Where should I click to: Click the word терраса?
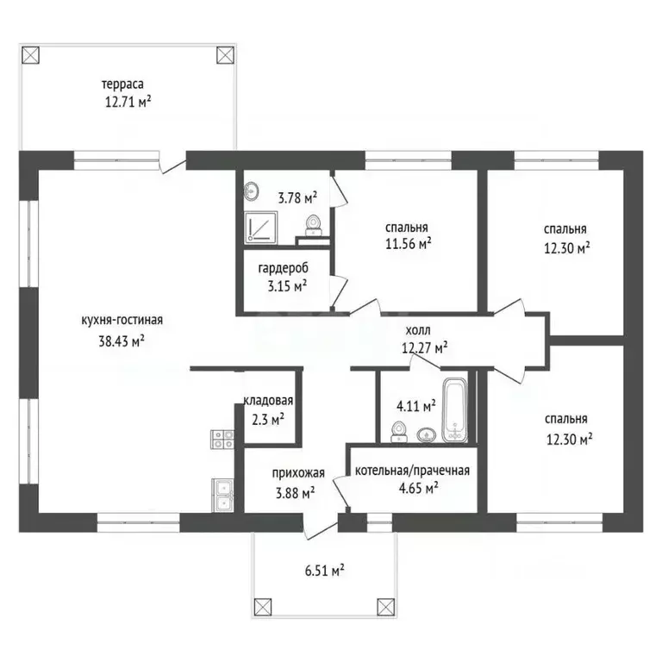point(122,84)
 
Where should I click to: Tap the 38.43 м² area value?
point(122,340)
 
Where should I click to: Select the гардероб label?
point(284,268)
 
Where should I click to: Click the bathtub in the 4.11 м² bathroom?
point(455,410)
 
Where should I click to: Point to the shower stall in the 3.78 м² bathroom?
point(261,228)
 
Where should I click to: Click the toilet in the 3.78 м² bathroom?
point(313,226)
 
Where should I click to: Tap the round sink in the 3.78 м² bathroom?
point(252,191)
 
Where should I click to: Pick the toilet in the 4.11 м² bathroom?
point(398,432)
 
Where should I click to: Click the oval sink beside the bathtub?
point(427,434)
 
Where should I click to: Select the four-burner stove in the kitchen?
point(222,439)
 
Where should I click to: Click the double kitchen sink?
point(222,496)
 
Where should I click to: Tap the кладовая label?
point(269,400)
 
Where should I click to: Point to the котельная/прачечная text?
point(412,471)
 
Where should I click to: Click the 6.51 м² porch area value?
point(324,571)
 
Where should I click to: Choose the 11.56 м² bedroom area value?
point(409,244)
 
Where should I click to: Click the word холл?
point(418,330)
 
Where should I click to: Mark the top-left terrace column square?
point(30,55)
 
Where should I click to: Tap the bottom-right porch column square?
point(385,607)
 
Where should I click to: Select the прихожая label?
point(298,473)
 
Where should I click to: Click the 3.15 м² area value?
point(287,286)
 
